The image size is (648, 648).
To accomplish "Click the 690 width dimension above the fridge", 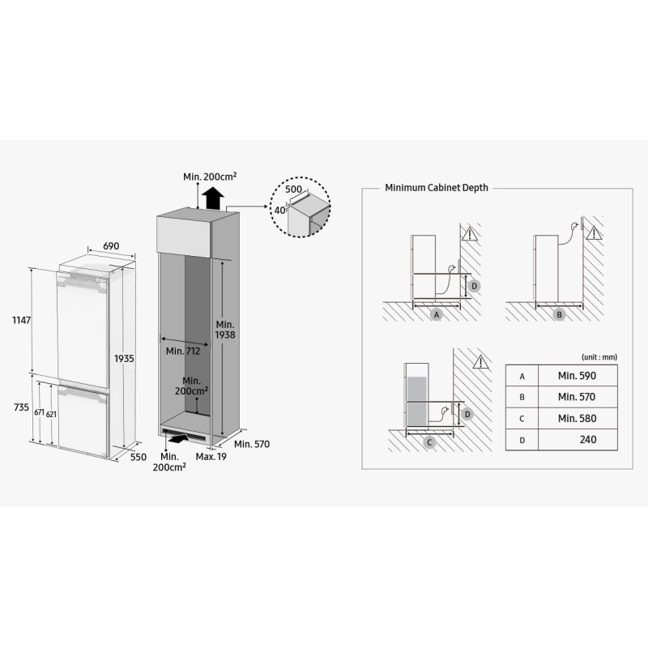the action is pos(111,246).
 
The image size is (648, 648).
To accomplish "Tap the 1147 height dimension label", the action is pos(22,320).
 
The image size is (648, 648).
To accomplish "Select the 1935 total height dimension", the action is pos(124,358).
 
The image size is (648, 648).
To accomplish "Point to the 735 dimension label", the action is pos(22,407).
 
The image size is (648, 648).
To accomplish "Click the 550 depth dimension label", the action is pos(139,457).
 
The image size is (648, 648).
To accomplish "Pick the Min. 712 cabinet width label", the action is pos(183,351).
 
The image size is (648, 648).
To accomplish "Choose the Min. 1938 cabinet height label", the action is pos(225,330).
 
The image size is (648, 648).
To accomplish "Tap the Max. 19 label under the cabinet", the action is pos(211,457).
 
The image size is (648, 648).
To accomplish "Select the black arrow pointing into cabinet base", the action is pos(178,438).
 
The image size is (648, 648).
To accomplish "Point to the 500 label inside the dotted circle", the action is pos(293,190).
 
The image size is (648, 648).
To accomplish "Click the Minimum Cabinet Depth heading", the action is pos(437,188).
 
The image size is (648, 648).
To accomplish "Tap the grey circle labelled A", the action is pos(437,315).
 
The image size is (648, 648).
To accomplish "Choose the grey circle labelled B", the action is pos(559,315).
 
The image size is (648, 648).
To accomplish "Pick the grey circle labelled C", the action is pos(429,442).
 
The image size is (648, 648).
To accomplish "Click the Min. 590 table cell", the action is pos(578,376).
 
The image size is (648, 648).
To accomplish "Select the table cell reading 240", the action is pos(578,439).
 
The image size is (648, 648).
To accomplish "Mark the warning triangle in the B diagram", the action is pos(594,233).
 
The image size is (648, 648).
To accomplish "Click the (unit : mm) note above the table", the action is pos(599,357).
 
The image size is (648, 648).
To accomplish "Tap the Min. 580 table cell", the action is pos(578,418).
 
